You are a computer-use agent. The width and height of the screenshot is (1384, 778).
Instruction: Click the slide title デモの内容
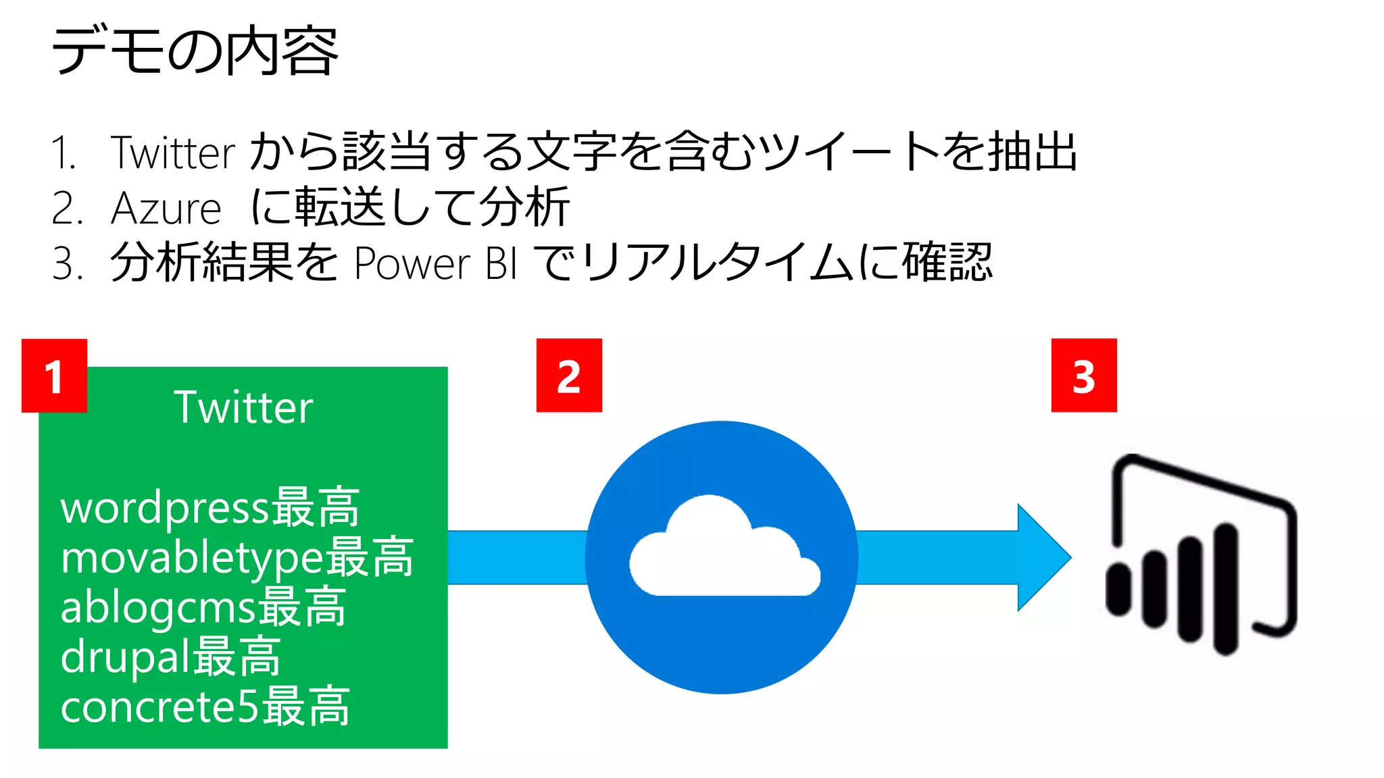click(195, 51)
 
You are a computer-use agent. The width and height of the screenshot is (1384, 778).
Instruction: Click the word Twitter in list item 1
click(173, 153)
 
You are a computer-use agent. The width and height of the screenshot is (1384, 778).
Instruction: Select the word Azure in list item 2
click(166, 209)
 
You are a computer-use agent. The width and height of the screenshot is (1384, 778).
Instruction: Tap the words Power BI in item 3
click(436, 263)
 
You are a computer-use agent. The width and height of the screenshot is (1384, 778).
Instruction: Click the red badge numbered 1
click(54, 375)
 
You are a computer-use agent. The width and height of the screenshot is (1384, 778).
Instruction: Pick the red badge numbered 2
click(569, 375)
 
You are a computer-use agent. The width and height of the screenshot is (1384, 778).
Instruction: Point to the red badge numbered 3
click(1083, 375)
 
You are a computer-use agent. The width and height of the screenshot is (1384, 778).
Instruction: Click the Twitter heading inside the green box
click(243, 407)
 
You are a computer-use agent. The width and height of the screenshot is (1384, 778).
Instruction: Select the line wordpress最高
click(210, 507)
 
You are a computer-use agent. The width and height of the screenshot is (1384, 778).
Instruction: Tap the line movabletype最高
click(237, 557)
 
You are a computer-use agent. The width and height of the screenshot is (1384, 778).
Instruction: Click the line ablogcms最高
click(203, 606)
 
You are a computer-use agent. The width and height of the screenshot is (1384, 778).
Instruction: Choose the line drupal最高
click(170, 656)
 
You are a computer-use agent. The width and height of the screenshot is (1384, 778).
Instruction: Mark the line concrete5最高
click(205, 706)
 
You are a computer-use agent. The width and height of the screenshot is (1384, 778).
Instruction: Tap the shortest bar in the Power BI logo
click(1119, 590)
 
